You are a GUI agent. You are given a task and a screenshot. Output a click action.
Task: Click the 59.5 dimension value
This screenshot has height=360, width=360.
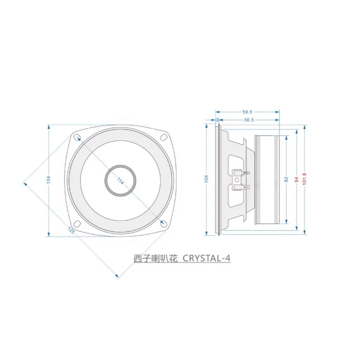tap(247, 112)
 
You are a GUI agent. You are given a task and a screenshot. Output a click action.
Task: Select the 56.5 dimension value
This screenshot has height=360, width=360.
tap(249, 120)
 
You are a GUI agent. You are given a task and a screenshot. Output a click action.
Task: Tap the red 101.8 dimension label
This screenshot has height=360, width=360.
tap(305, 179)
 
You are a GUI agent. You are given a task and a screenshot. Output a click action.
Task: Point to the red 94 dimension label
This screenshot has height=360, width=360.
tap(297, 180)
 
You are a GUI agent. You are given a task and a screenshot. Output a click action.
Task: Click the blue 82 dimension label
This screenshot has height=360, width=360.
tap(286, 179)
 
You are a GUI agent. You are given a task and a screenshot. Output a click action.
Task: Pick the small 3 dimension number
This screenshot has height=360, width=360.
tap(217, 120)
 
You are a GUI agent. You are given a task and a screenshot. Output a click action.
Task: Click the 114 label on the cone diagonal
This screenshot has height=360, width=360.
tap(121, 181)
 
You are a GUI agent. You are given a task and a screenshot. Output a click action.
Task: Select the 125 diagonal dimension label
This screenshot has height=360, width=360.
tap(71, 230)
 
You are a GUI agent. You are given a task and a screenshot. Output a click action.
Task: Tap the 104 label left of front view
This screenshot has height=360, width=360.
tap(49, 180)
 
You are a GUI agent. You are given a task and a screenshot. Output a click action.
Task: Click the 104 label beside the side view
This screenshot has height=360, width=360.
tap(206, 179)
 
